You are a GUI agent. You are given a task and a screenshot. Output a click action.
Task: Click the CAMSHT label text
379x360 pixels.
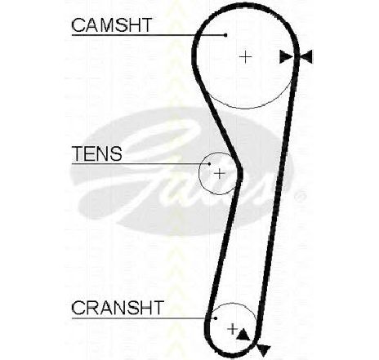(x=111, y=25)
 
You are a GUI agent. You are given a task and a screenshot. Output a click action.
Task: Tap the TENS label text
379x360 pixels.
(x=96, y=153)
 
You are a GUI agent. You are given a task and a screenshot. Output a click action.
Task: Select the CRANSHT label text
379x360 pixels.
(x=118, y=308)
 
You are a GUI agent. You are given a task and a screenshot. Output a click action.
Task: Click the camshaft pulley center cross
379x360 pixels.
(x=246, y=57)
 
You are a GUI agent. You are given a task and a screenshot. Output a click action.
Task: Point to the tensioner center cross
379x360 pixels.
(x=220, y=174)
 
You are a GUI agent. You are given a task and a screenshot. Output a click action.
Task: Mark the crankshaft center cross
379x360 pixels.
(x=232, y=329)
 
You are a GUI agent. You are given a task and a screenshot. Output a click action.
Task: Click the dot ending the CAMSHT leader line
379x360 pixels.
(x=225, y=35)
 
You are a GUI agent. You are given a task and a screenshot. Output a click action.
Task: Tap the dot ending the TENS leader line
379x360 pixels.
(x=209, y=164)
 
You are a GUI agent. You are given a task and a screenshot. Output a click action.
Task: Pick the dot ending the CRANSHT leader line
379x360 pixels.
(x=216, y=318)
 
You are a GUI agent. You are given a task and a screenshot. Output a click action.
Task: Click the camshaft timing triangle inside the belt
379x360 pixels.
(x=285, y=57)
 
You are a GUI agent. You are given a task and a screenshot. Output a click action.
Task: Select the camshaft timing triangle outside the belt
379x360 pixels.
(x=306, y=57)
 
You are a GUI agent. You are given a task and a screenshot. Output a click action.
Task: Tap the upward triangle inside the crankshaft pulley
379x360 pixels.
(x=243, y=334)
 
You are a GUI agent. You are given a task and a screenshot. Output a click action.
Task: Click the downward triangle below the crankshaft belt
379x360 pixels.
(x=263, y=350)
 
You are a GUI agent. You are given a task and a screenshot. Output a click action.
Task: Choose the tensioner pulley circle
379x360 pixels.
(x=199, y=174)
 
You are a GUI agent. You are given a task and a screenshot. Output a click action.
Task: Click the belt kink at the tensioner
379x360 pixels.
(x=240, y=173)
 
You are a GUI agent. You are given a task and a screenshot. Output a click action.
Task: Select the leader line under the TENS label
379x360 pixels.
(x=140, y=164)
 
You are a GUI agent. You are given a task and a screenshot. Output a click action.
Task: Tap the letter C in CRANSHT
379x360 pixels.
(x=78, y=308)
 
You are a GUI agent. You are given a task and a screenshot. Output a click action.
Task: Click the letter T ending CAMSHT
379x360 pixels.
(x=145, y=25)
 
